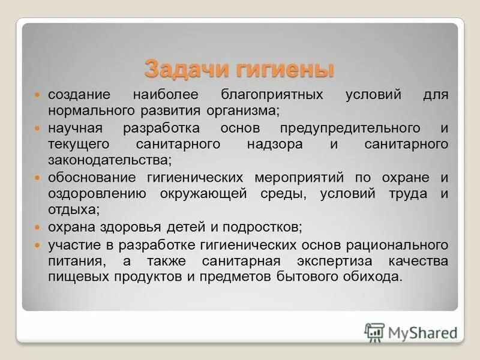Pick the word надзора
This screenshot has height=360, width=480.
[x=274, y=145]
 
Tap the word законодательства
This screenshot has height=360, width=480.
[x=110, y=160]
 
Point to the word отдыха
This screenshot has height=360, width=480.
[x=74, y=209]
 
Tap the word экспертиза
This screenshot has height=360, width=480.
[x=334, y=261]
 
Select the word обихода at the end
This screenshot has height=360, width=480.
[x=375, y=277]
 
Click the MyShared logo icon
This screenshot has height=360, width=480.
[x=374, y=332]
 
